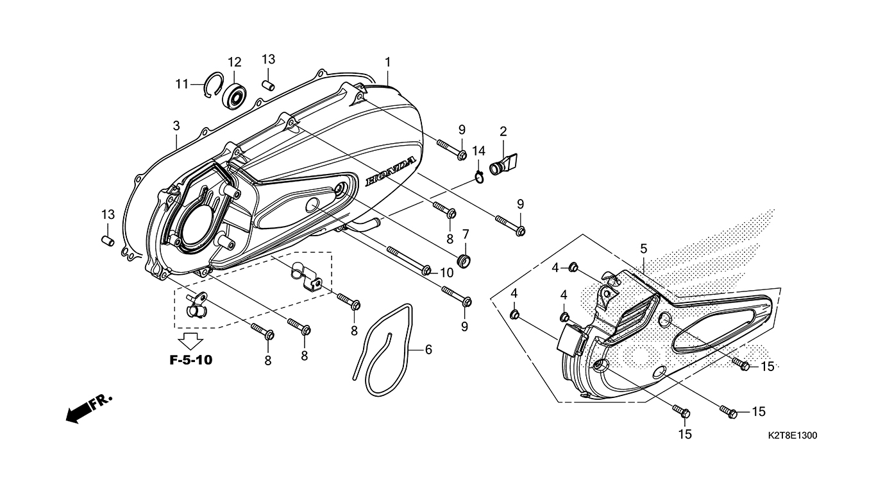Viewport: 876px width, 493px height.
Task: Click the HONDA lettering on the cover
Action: pos(391,172)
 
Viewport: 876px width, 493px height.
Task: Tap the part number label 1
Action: pos(388,62)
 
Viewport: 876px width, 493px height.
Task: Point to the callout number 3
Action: pos(176,126)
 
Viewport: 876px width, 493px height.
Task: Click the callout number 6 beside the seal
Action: pos(428,350)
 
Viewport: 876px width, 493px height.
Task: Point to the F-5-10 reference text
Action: pos(190,360)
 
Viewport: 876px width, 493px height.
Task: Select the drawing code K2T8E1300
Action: pos(792,436)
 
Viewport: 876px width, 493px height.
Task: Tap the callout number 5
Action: pos(643,248)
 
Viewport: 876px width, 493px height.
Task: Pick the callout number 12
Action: pos(234,62)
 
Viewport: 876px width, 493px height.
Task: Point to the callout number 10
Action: pos(446,273)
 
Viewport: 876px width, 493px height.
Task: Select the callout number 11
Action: pos(182,83)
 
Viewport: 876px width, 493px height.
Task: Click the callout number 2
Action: pos(503,132)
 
